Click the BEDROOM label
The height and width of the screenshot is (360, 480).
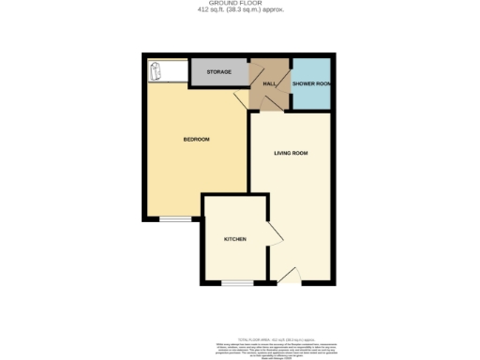point(196,140)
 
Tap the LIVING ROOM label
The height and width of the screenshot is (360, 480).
point(291,153)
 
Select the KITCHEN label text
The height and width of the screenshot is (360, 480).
point(234,240)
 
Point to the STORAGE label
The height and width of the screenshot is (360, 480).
point(219,72)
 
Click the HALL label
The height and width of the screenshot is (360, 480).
point(268,84)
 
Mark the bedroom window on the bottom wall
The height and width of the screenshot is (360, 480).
point(171,220)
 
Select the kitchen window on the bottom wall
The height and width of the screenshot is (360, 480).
point(236,282)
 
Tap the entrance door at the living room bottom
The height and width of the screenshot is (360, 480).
point(289,277)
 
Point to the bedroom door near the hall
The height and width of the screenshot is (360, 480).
point(240,101)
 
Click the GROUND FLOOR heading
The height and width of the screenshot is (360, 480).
point(240,5)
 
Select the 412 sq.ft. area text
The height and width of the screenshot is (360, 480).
point(240,11)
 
